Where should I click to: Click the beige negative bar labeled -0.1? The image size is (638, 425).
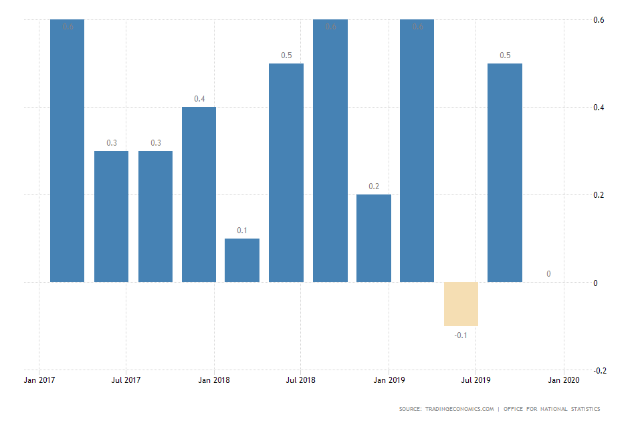[x=461, y=303]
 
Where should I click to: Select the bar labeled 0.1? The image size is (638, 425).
[x=242, y=260]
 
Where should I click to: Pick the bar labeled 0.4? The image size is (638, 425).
[x=199, y=194]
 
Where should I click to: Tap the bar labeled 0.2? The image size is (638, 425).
[x=373, y=238]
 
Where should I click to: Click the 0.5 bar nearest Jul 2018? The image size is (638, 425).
[x=286, y=172]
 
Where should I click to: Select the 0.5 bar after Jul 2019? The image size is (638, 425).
[x=504, y=172]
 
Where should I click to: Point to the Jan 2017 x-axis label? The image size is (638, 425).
[x=39, y=381]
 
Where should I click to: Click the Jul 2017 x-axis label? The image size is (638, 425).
[x=126, y=381]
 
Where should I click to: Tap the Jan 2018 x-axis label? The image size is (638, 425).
[x=213, y=381]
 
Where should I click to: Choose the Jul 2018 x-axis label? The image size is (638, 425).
[x=300, y=381]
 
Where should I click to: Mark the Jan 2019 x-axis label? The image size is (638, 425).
[x=389, y=381]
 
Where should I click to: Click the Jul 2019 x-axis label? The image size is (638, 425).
[x=475, y=381]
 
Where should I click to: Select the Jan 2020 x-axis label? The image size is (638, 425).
[x=564, y=381]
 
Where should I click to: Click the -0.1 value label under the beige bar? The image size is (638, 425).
[x=461, y=335]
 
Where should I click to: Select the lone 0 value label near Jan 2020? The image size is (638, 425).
[x=548, y=274]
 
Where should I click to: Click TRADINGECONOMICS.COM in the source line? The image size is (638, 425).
[x=459, y=409]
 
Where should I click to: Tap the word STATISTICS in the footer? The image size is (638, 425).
[x=584, y=409]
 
